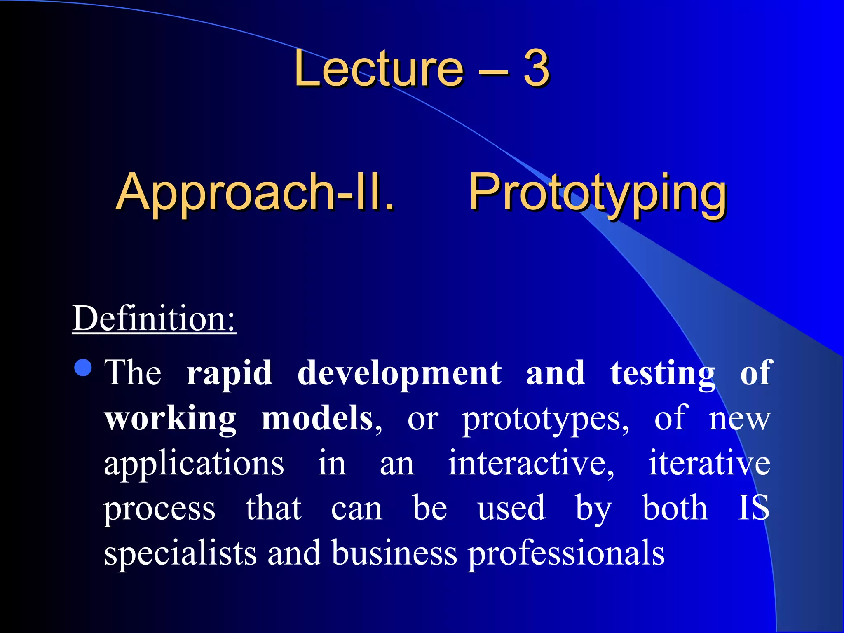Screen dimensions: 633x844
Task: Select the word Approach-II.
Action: (255, 192)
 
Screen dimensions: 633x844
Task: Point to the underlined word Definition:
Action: (154, 319)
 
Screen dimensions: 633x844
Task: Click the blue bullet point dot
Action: (83, 368)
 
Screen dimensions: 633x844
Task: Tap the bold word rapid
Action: (229, 373)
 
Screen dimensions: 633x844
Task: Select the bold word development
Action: (399, 373)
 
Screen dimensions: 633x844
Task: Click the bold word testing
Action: (662, 373)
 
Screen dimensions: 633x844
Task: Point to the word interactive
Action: (531, 464)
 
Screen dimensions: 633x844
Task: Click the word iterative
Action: (709, 464)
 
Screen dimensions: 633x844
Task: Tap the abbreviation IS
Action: (753, 508)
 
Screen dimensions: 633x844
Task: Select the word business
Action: (394, 553)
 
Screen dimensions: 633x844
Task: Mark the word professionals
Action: (566, 554)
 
